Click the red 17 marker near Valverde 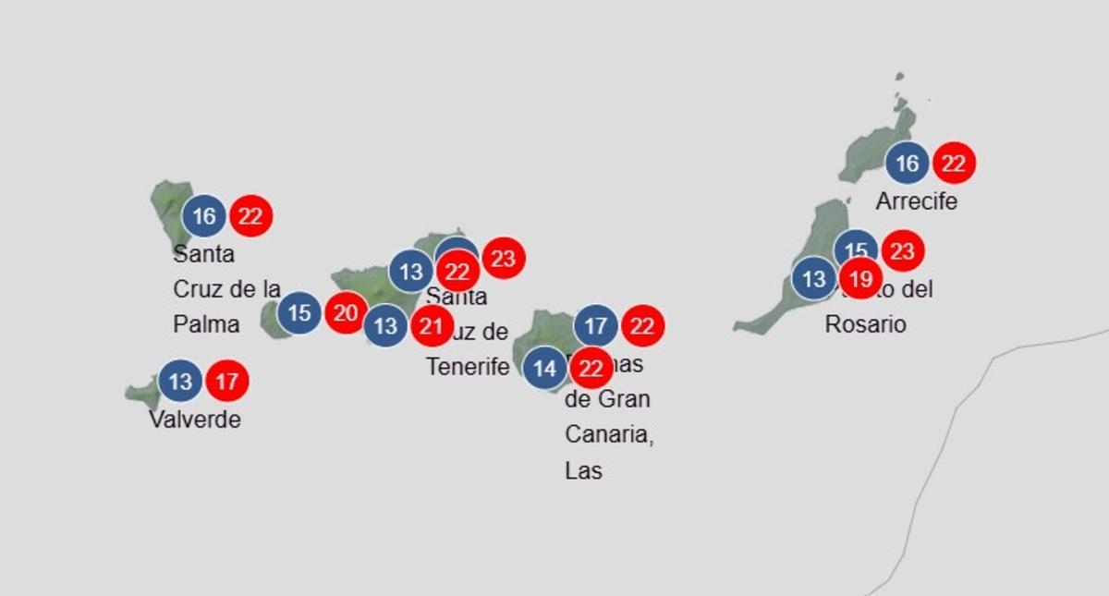(x=227, y=381)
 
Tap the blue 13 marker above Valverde (x=181, y=381)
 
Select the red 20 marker (x=346, y=313)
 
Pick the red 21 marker (x=432, y=325)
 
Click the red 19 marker (x=860, y=278)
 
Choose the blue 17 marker (x=596, y=326)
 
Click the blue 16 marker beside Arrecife (x=908, y=164)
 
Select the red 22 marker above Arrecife (x=954, y=164)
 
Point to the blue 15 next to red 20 (x=299, y=313)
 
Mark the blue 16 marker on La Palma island (x=204, y=216)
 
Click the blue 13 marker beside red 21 (x=385, y=325)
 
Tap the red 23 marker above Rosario (x=903, y=251)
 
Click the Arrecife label (x=916, y=201)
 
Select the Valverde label (x=195, y=420)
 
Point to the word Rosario (x=865, y=324)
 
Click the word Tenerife (x=468, y=366)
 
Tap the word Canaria (x=609, y=434)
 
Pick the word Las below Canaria (x=583, y=470)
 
